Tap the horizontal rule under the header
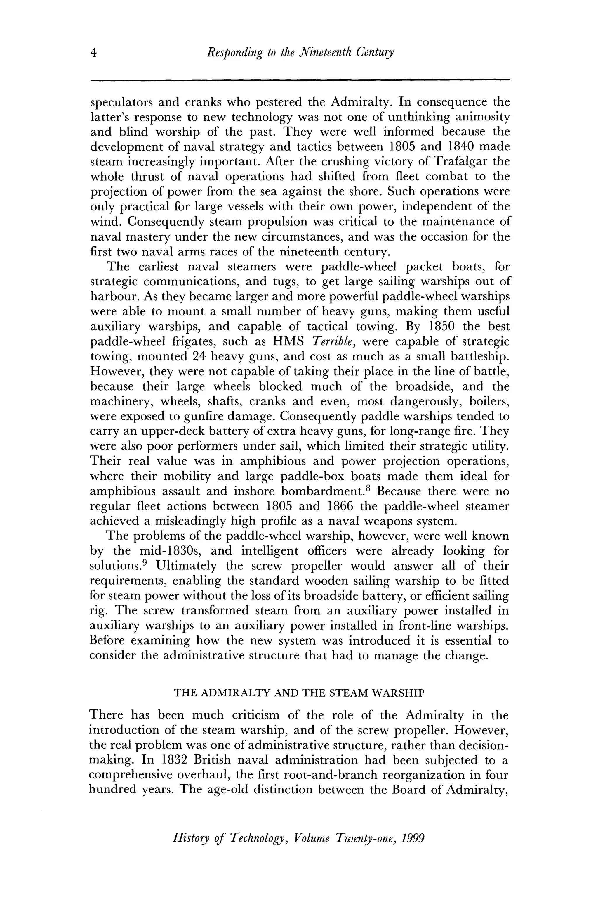click(x=300, y=80)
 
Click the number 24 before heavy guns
click(x=199, y=356)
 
